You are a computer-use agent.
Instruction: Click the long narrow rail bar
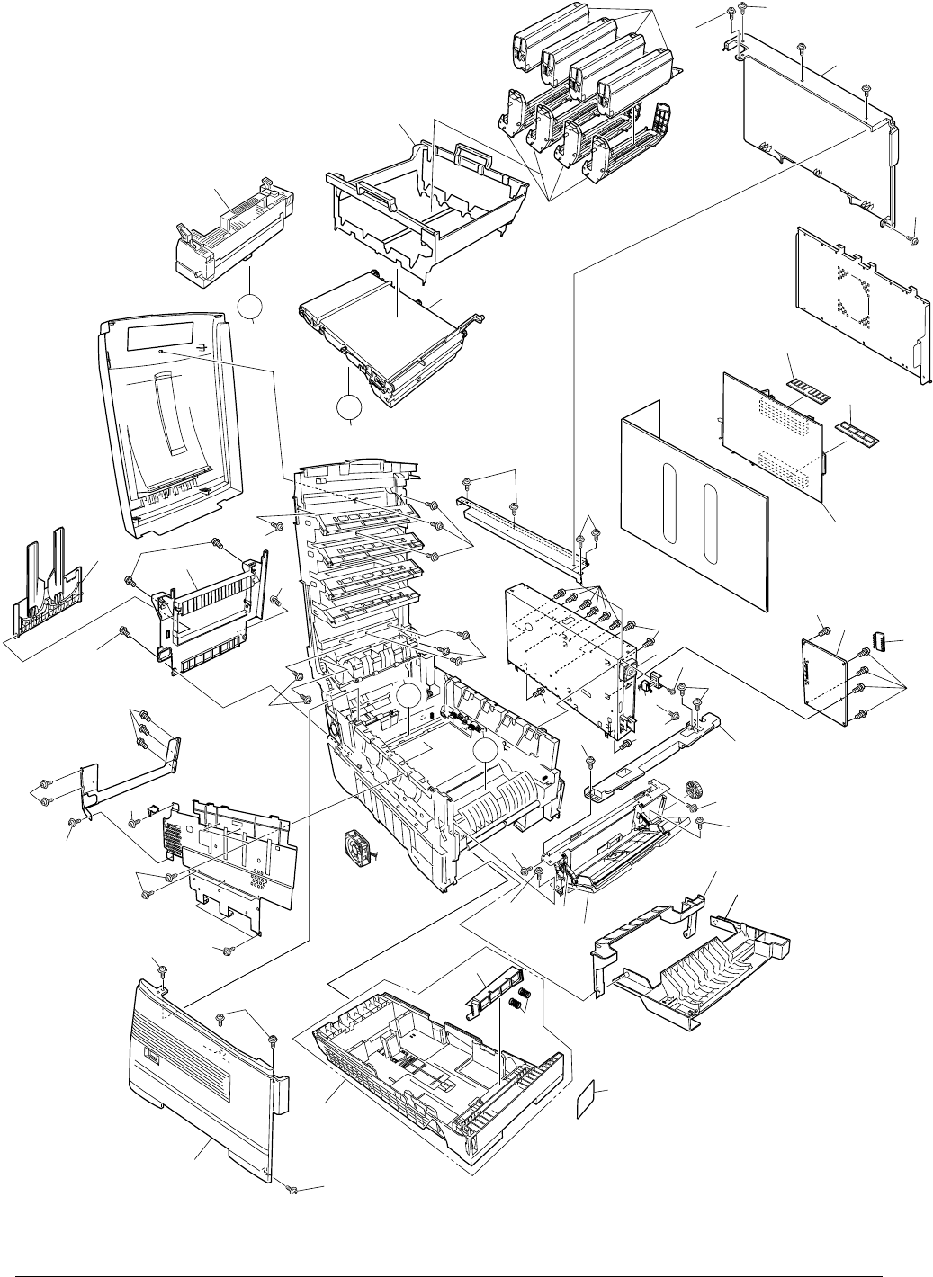[522, 531]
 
